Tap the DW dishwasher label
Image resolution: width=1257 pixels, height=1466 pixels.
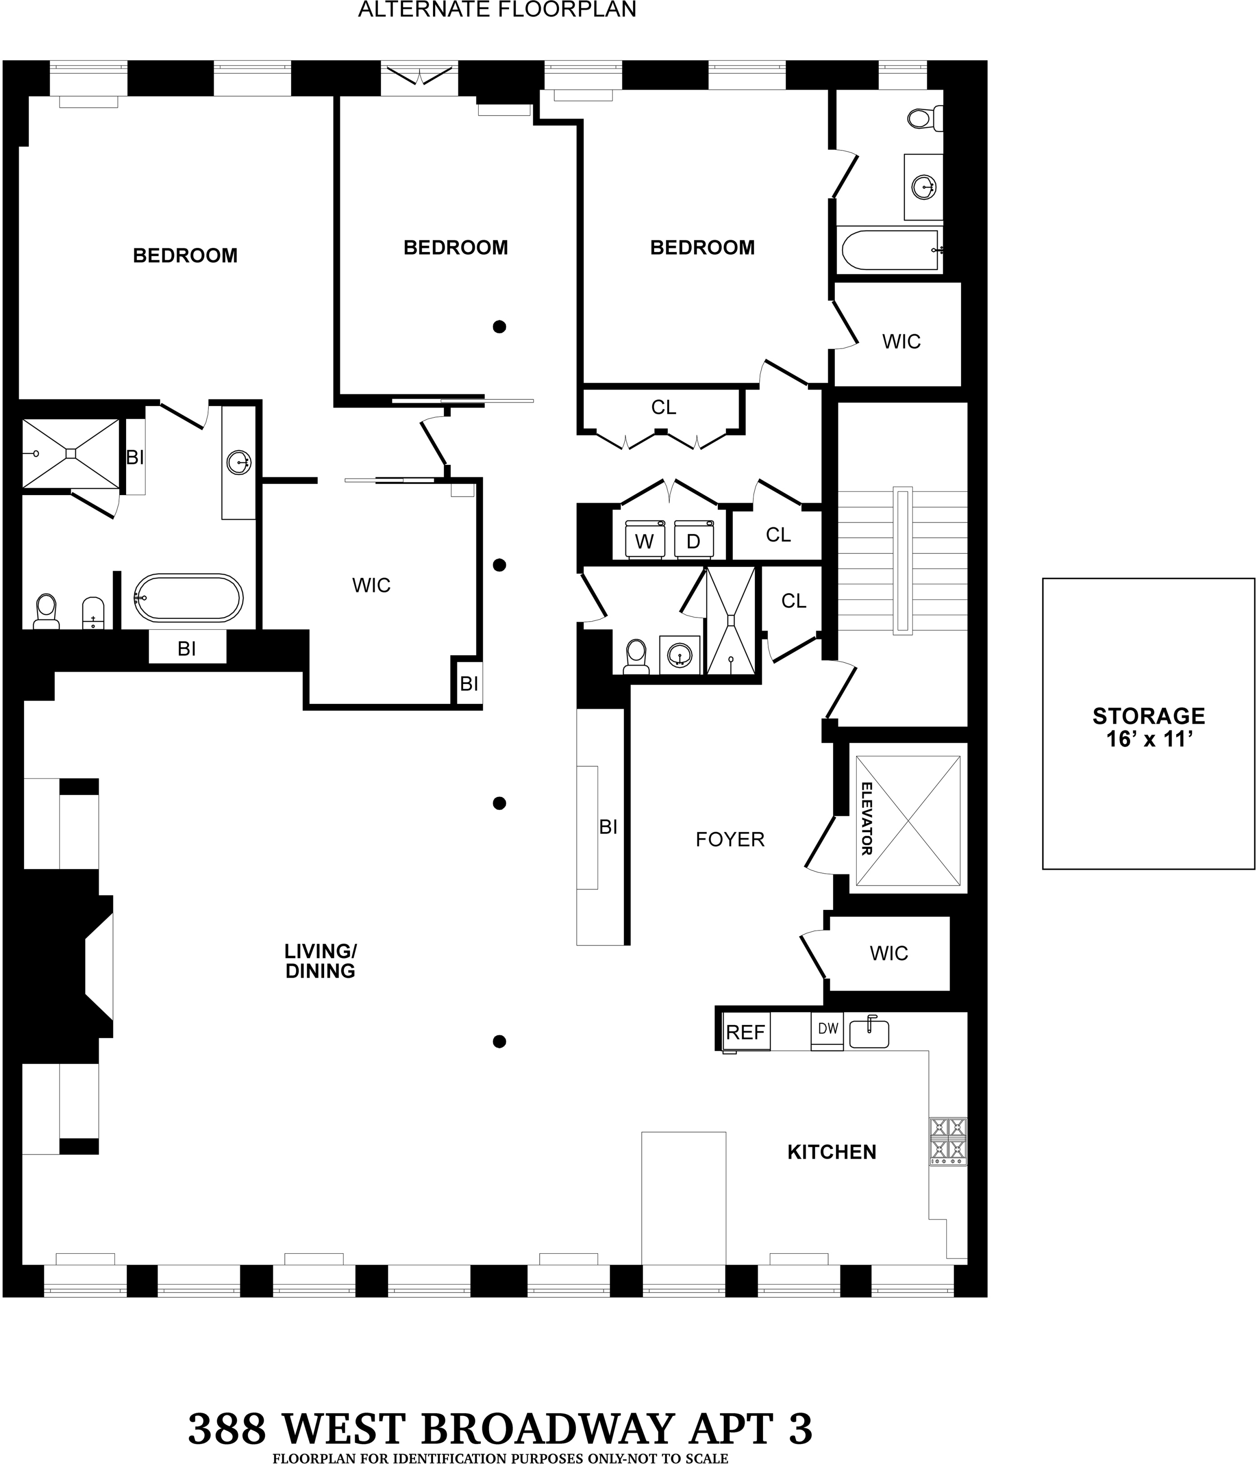click(828, 1028)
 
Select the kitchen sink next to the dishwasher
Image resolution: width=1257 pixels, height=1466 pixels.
click(869, 1033)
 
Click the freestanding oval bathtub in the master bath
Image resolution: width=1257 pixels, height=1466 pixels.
click(189, 598)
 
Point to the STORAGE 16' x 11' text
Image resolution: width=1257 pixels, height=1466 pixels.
click(1148, 727)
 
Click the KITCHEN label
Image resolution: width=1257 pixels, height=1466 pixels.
click(832, 1152)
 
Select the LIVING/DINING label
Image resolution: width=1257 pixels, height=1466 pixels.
click(320, 961)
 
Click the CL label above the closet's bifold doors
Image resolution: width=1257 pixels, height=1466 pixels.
click(663, 407)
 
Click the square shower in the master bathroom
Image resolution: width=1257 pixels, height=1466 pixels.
click(71, 453)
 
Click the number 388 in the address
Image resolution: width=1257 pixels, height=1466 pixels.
click(226, 1428)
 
